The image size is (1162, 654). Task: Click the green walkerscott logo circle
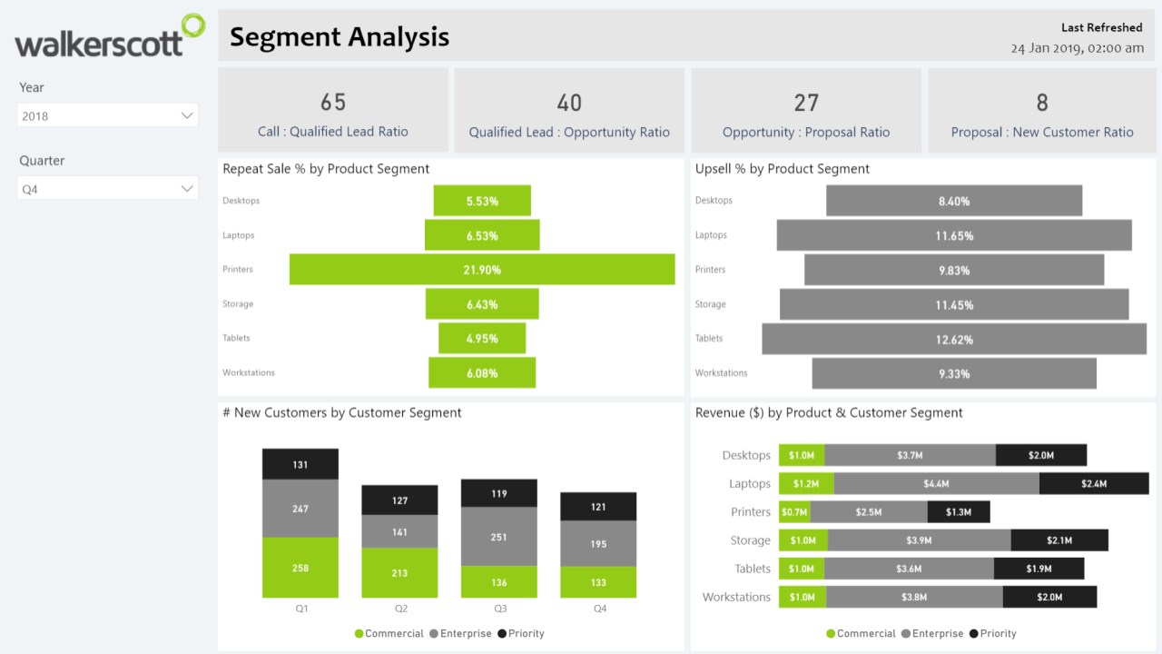(192, 27)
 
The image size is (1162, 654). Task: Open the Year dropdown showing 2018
(108, 115)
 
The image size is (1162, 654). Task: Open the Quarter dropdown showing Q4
(108, 189)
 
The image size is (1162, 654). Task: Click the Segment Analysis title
(340, 36)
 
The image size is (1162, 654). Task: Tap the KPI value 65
(333, 102)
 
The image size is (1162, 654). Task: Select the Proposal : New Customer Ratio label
(1042, 132)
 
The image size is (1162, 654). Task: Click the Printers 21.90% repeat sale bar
(482, 270)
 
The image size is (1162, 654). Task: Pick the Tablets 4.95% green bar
(482, 339)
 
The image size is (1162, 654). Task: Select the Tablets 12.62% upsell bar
(953, 339)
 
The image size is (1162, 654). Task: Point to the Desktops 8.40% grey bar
(953, 201)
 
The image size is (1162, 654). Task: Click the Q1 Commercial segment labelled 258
(300, 568)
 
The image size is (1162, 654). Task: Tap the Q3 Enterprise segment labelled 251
(499, 537)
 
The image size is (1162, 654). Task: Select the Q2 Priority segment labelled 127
(400, 500)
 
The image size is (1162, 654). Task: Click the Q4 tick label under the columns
(599, 609)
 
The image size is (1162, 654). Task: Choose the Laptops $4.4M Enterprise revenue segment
(936, 483)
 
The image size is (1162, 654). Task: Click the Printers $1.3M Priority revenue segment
(959, 512)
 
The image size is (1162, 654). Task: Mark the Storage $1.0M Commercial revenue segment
(803, 540)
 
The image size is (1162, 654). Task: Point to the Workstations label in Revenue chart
(736, 597)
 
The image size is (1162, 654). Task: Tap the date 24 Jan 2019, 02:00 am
(1077, 47)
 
